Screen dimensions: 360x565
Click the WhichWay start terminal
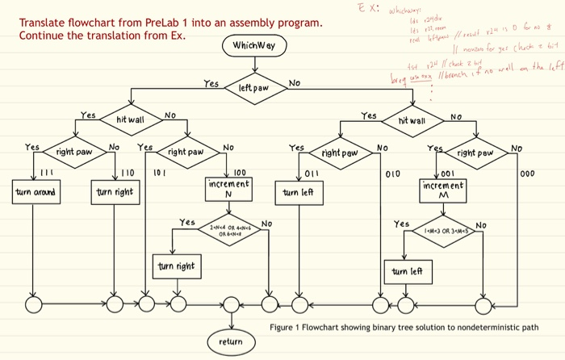(x=254, y=46)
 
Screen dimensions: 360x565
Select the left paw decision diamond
(x=253, y=86)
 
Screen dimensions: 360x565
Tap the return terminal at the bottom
(x=231, y=342)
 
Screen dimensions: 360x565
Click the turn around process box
(x=34, y=193)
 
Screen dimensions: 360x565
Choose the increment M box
(x=443, y=190)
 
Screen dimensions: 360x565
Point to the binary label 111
(x=47, y=172)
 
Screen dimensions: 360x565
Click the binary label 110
(x=128, y=173)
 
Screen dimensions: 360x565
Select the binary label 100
(x=240, y=172)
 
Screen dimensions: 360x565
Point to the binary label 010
(x=392, y=173)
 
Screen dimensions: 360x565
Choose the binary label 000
(x=529, y=173)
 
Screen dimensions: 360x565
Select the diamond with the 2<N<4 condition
(x=229, y=228)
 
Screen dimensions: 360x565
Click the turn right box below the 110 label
(x=115, y=193)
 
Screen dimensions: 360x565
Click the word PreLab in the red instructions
(x=165, y=22)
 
